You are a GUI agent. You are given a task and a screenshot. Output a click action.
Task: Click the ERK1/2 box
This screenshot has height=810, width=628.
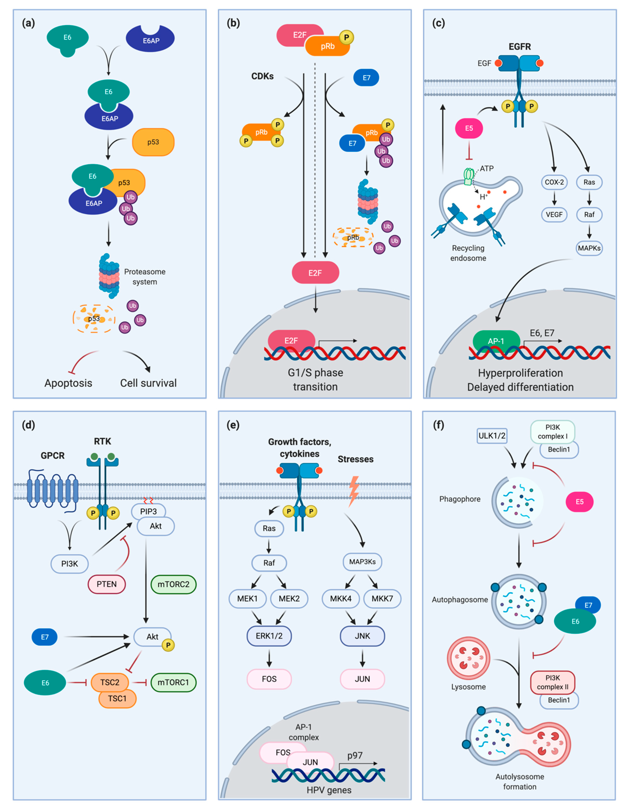(x=269, y=636)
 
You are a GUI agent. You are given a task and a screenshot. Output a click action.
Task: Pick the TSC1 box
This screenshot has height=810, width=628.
(x=117, y=698)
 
